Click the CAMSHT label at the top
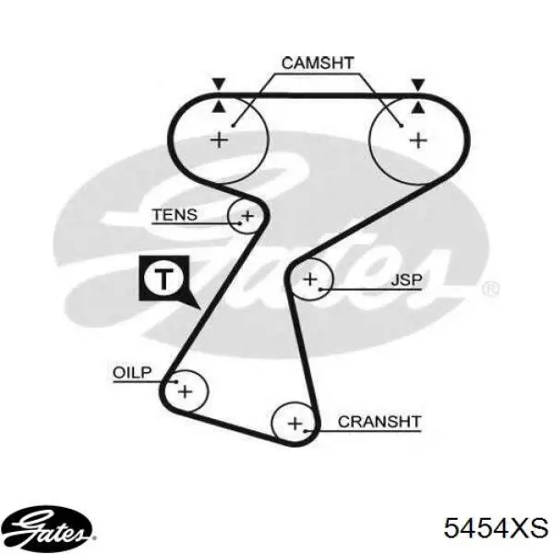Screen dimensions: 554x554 (x=318, y=63)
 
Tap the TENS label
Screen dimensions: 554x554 (x=175, y=215)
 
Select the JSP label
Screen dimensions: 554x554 (x=406, y=280)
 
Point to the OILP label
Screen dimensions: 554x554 (x=132, y=372)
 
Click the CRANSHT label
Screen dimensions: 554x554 (x=379, y=422)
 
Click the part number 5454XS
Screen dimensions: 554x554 (x=496, y=528)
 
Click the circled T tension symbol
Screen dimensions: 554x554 (x=163, y=279)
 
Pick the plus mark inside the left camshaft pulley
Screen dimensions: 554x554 (x=220, y=140)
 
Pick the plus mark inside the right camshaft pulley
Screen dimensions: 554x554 (x=418, y=140)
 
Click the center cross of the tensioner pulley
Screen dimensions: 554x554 (x=247, y=216)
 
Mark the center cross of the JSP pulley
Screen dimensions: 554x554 (x=310, y=280)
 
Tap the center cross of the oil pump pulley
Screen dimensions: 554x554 (x=186, y=391)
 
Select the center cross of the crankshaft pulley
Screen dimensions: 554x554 (x=295, y=423)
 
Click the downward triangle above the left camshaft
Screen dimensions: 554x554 (x=219, y=84)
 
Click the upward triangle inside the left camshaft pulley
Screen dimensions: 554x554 (x=219, y=107)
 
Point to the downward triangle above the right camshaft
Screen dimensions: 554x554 (x=418, y=84)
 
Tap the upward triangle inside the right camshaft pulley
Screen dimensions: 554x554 (x=418, y=107)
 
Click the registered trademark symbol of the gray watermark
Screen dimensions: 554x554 (x=490, y=289)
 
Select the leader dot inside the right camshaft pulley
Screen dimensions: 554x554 (x=402, y=126)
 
